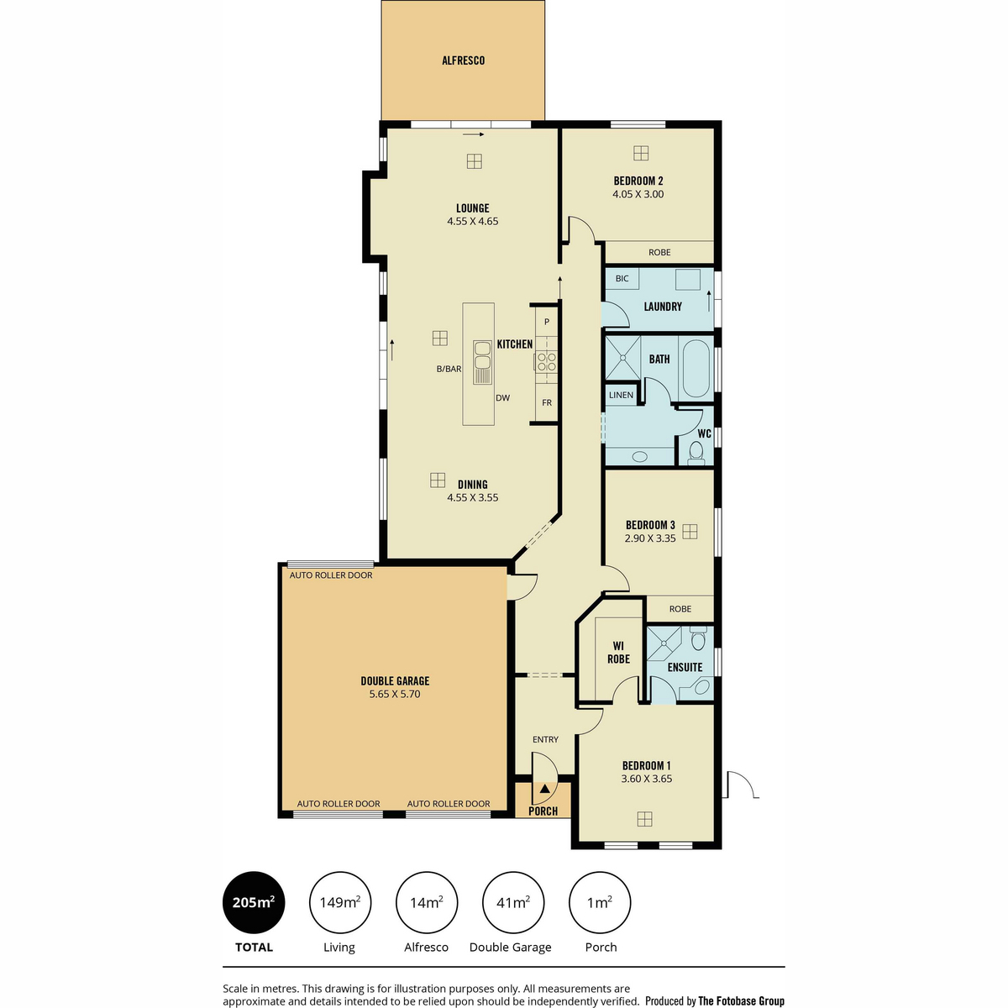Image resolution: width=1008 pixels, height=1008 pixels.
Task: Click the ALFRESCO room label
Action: click(463, 60)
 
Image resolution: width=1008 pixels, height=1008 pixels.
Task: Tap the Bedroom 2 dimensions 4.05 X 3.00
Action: click(638, 194)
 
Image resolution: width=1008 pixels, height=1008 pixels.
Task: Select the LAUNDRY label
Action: click(663, 307)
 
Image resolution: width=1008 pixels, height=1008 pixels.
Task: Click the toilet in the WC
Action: click(696, 453)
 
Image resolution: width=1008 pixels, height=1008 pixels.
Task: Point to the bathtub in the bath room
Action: click(696, 369)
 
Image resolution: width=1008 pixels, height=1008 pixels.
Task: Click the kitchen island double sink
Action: click(482, 362)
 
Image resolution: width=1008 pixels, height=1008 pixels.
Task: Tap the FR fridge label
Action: click(547, 403)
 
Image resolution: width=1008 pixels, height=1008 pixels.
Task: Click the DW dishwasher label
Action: click(502, 397)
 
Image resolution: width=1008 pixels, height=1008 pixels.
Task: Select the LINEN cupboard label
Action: click(621, 395)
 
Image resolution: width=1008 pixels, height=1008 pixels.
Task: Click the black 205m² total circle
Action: click(254, 903)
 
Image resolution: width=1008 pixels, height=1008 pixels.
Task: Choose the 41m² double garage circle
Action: click(513, 903)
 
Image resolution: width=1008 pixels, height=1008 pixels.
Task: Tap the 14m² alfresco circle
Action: click(427, 903)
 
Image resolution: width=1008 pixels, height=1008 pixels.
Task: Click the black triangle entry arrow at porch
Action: click(544, 788)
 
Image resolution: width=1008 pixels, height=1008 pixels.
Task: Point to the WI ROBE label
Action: click(618, 653)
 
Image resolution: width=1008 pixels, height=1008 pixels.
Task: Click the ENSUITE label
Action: click(685, 668)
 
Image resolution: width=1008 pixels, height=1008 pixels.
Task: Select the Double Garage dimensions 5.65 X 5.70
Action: click(395, 694)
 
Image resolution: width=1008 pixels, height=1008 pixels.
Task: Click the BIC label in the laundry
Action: click(622, 279)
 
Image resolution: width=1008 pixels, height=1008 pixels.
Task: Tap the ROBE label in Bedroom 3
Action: click(680, 609)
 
